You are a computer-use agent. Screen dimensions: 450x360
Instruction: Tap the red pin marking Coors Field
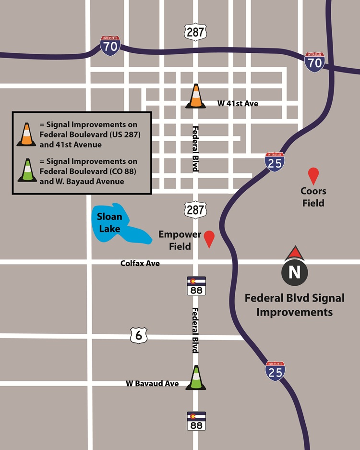click(x=313, y=176)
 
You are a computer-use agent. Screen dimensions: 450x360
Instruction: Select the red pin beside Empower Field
click(x=209, y=238)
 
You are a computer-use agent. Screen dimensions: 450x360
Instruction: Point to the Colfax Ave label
click(x=140, y=264)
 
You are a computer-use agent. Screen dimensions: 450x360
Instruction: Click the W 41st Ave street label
click(x=238, y=103)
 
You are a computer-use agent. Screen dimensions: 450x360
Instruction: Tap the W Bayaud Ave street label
click(x=152, y=384)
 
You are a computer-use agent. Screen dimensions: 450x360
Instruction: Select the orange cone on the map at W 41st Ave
click(x=195, y=96)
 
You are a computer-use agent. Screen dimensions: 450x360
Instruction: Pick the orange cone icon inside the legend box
click(x=26, y=134)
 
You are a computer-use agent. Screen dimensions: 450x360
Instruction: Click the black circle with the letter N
click(x=294, y=272)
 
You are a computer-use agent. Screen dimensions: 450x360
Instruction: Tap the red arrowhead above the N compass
click(x=295, y=253)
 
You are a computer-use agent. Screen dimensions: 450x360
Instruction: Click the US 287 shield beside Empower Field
click(x=195, y=210)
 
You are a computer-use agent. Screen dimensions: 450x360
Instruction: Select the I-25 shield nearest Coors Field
click(x=275, y=161)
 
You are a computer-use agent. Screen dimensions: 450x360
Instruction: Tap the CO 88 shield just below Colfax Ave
click(x=196, y=286)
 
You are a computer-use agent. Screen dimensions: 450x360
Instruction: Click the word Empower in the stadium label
click(x=180, y=235)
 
